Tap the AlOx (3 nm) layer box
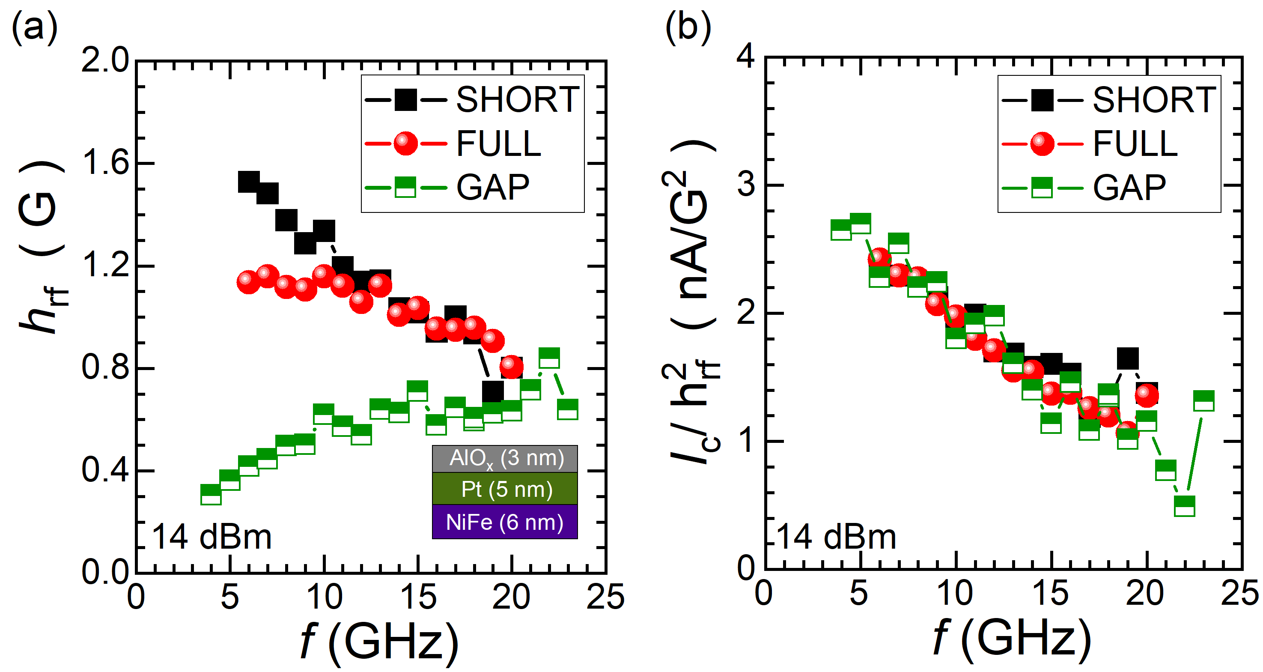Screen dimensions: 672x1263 [x=505, y=459]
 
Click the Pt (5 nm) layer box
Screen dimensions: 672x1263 [x=505, y=489]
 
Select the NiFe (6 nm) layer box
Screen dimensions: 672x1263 [x=505, y=522]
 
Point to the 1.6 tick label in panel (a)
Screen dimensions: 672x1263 [x=105, y=162]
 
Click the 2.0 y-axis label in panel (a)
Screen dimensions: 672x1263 [x=105, y=61]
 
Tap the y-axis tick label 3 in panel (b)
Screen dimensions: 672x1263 [x=746, y=185]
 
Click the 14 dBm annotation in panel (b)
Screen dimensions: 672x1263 [x=837, y=537]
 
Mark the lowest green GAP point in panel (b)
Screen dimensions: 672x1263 [x=1185, y=506]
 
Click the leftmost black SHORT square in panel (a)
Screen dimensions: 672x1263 [x=249, y=182]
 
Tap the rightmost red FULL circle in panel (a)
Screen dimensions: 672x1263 [x=511, y=367]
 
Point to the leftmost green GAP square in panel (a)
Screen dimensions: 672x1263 [x=211, y=494]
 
